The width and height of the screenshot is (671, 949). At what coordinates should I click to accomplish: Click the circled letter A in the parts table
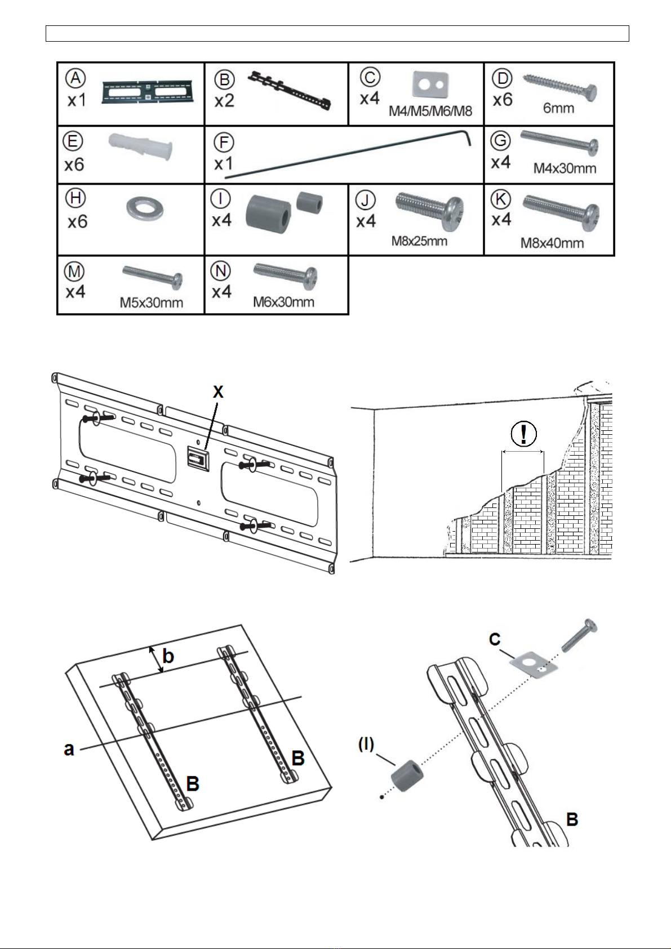75,78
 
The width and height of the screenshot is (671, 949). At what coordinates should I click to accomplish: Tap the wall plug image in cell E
141,146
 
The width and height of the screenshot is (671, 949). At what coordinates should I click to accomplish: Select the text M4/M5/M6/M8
430,112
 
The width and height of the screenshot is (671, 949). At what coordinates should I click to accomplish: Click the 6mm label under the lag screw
559,109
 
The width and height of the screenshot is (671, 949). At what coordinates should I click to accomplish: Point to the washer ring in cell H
145,208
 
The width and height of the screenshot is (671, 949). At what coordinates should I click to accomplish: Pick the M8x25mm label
419,242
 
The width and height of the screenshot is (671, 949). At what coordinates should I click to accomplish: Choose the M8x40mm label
552,243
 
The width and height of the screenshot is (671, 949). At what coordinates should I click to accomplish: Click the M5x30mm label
152,303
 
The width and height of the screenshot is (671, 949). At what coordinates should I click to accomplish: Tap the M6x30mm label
283,302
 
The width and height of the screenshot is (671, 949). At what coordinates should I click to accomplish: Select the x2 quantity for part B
224,101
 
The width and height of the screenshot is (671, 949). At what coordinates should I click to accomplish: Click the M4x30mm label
565,168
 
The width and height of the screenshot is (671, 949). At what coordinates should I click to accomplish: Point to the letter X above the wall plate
218,392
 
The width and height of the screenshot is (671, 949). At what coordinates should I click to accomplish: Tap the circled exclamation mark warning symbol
523,434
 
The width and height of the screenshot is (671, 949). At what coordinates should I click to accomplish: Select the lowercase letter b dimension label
168,656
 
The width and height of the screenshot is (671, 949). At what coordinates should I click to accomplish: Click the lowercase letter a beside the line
69,749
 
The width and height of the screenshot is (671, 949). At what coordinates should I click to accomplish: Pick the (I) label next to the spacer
366,745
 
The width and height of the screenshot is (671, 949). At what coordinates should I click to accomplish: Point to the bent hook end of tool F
468,137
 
